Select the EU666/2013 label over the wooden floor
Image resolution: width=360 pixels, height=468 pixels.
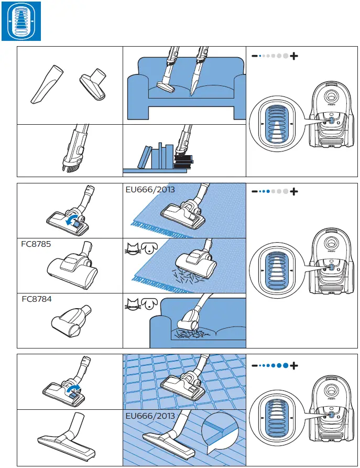tap(150, 416)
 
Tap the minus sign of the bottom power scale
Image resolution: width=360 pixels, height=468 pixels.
tap(254, 365)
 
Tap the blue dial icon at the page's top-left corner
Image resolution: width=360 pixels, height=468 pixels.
tap(20, 20)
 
